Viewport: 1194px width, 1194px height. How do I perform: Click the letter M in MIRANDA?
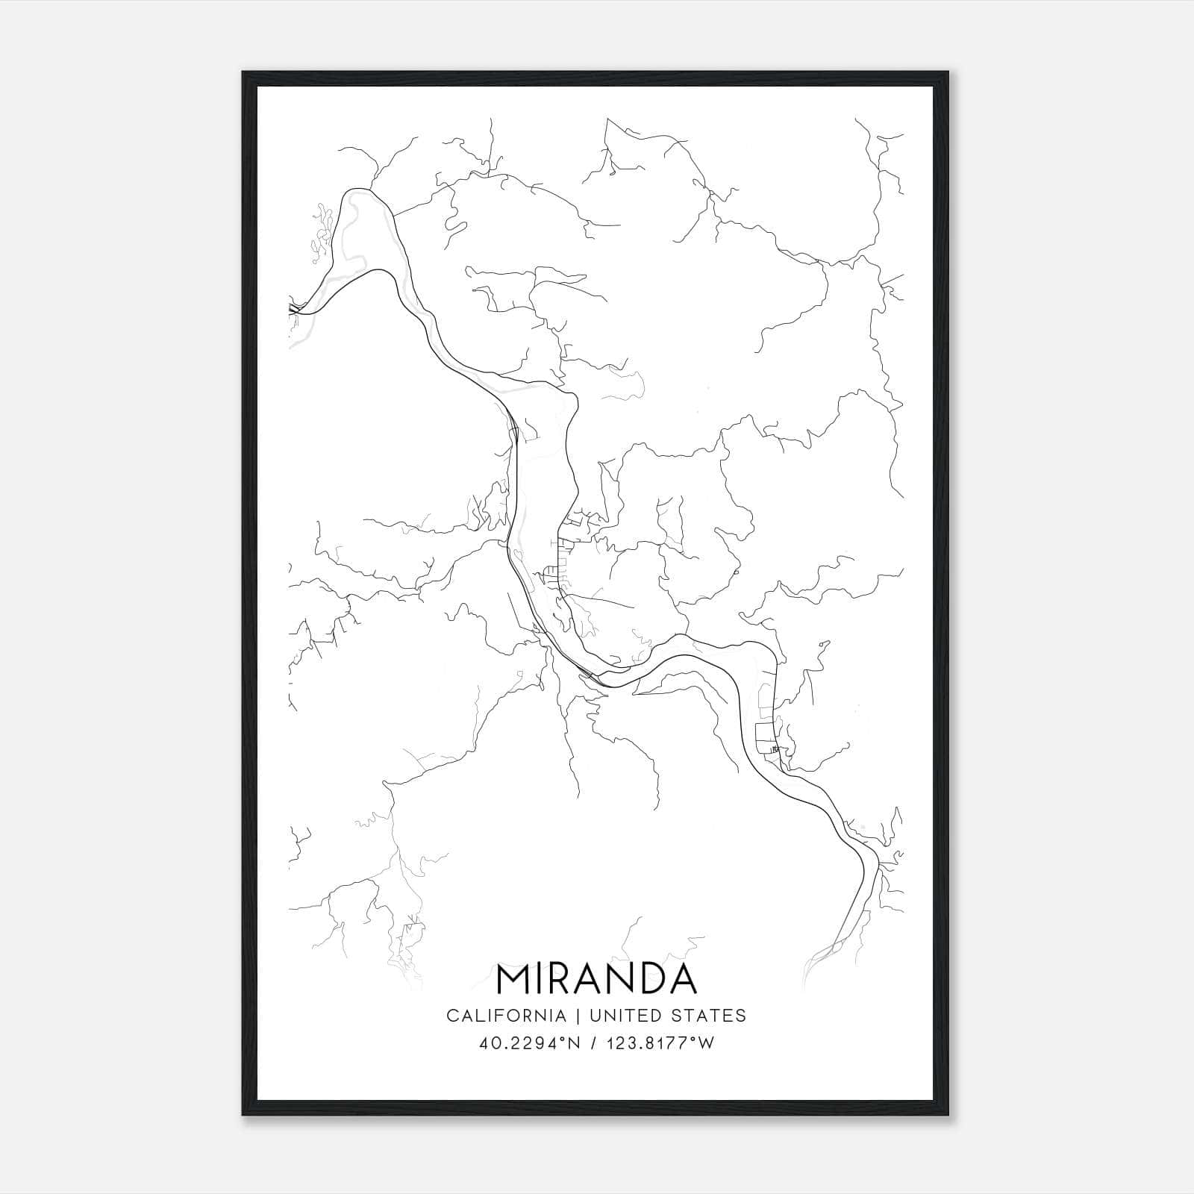(x=514, y=980)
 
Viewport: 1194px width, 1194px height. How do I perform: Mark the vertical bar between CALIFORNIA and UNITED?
(x=577, y=1016)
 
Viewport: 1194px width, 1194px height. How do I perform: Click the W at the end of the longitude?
(x=707, y=1043)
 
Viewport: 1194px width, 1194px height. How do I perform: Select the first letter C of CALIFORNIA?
(x=451, y=1016)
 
